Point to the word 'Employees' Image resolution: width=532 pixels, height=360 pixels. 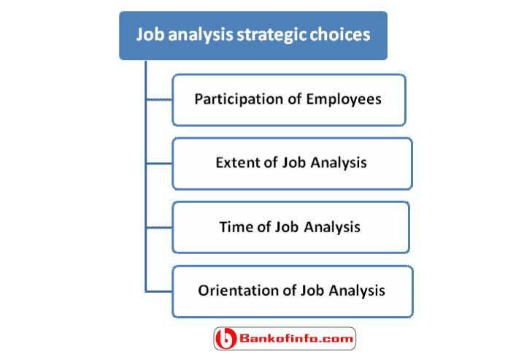pos(344,99)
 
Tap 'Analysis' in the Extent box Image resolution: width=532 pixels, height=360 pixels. pos(339,163)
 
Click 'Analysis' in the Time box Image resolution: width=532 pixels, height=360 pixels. pos(332,227)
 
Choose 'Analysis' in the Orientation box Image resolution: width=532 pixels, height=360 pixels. pos(357,291)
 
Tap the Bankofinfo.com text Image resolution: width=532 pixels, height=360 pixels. pos(296,338)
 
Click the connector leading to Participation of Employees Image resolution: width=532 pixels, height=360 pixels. pos(159,99)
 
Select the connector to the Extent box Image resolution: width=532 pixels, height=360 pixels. pos(159,164)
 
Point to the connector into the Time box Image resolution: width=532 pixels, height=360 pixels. pos(159,227)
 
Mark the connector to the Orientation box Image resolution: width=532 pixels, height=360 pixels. pos(159,291)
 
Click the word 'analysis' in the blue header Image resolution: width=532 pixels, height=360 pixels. pos(200,35)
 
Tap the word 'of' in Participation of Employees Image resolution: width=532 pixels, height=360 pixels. pos(295,99)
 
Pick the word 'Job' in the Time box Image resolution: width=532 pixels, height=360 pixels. pos(288,226)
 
